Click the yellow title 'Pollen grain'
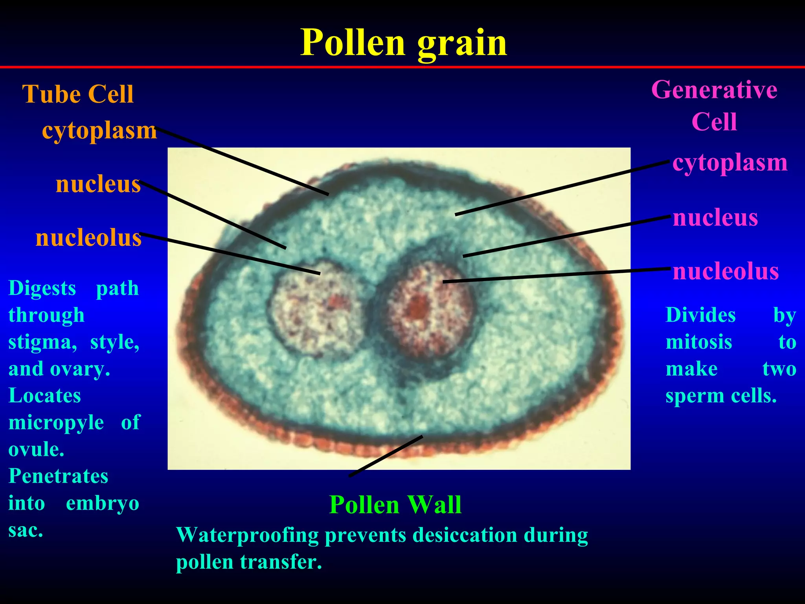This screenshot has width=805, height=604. pyautogui.click(x=404, y=43)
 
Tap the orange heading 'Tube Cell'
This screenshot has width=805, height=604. pyautogui.click(x=78, y=94)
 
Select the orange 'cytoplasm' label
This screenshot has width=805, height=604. pyautogui.click(x=99, y=131)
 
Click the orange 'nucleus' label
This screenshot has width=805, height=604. pyautogui.click(x=98, y=184)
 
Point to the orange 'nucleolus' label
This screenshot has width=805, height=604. pyautogui.click(x=88, y=238)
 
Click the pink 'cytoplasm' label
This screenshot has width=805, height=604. pyautogui.click(x=730, y=163)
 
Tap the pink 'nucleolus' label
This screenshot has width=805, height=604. pyautogui.click(x=726, y=271)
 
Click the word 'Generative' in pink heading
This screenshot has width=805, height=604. pyautogui.click(x=714, y=90)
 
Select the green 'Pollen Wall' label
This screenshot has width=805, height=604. pyautogui.click(x=395, y=505)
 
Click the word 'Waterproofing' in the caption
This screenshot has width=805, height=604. pyautogui.click(x=247, y=535)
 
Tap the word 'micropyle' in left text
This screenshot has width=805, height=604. pyautogui.click(x=56, y=423)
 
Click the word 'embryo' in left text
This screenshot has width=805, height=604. pyautogui.click(x=103, y=503)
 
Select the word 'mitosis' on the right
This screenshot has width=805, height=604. pyautogui.click(x=698, y=342)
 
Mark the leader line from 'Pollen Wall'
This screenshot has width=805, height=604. pyautogui.click(x=385, y=456)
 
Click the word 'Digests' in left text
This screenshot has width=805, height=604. pyautogui.click(x=42, y=288)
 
